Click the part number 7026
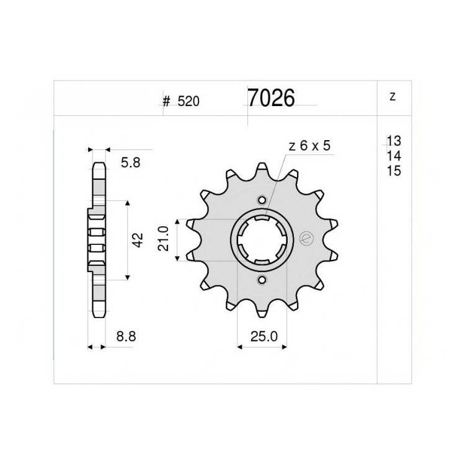(271, 97)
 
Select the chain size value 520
(188, 102)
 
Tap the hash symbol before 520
(167, 102)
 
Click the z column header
(392, 96)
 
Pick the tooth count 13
(394, 141)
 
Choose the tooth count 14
(394, 156)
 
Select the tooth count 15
(394, 171)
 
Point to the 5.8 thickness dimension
(130, 162)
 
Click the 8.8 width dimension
(126, 336)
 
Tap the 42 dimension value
(138, 240)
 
